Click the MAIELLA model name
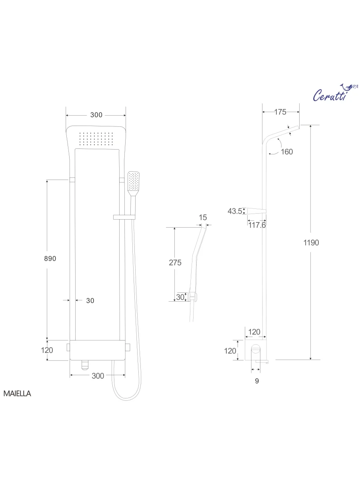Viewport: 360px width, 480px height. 17,393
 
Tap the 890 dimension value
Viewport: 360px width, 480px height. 50,258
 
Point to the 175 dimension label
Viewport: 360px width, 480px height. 280,112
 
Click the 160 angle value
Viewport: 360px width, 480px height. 286,152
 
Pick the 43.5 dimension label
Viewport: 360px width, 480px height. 235,211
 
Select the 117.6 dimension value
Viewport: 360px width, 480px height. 257,225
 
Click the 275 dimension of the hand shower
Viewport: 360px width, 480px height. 175,262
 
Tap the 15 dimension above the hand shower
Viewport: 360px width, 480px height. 203,217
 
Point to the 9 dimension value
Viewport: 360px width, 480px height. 257,381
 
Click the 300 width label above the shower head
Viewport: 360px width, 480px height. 96,115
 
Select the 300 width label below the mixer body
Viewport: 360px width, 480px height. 98,376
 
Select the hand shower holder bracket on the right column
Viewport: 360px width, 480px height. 124,217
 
